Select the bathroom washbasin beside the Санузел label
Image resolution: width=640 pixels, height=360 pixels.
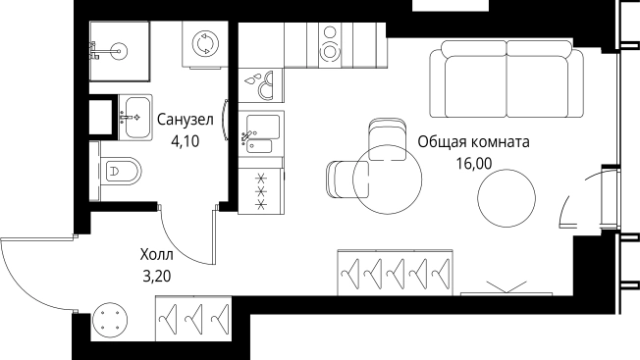tap(133, 115)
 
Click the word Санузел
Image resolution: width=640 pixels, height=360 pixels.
tap(185, 120)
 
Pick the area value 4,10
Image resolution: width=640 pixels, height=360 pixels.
tap(186, 140)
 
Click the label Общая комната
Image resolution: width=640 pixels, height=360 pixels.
tap(473, 141)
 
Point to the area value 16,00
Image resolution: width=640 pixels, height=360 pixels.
tap(473, 163)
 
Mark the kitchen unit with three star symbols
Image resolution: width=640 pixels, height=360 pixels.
tap(261, 189)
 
